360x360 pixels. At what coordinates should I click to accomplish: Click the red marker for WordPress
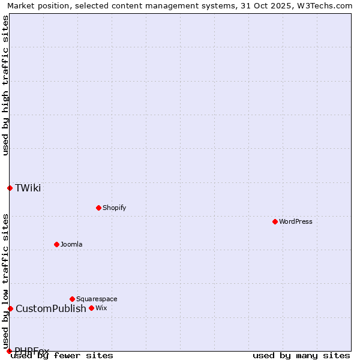[x=275, y=221]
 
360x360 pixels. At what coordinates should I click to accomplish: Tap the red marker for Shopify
[x=98, y=208]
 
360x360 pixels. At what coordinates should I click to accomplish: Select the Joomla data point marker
[x=56, y=244]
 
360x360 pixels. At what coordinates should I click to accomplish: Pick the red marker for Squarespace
[x=72, y=299]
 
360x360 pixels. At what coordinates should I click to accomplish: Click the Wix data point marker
[x=91, y=308]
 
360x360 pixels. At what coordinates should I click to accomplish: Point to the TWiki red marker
[x=10, y=188]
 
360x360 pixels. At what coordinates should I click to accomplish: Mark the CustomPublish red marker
[x=10, y=308]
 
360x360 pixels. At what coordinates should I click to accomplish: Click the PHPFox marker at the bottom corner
[x=9, y=351]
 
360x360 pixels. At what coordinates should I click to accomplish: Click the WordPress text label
[x=296, y=221]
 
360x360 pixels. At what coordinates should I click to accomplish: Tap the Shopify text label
[x=114, y=208]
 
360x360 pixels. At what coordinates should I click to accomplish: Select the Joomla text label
[x=71, y=244]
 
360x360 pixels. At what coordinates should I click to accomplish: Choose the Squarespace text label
[x=97, y=299]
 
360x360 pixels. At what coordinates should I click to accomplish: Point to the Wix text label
[x=101, y=308]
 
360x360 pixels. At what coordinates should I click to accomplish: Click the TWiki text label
[x=28, y=188]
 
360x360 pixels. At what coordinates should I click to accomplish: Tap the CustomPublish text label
[x=51, y=308]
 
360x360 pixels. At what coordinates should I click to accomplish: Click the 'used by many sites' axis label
[x=301, y=355]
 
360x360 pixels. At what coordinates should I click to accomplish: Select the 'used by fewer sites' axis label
[x=62, y=355]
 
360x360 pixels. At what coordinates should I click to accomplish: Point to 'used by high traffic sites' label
[x=6, y=85]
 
